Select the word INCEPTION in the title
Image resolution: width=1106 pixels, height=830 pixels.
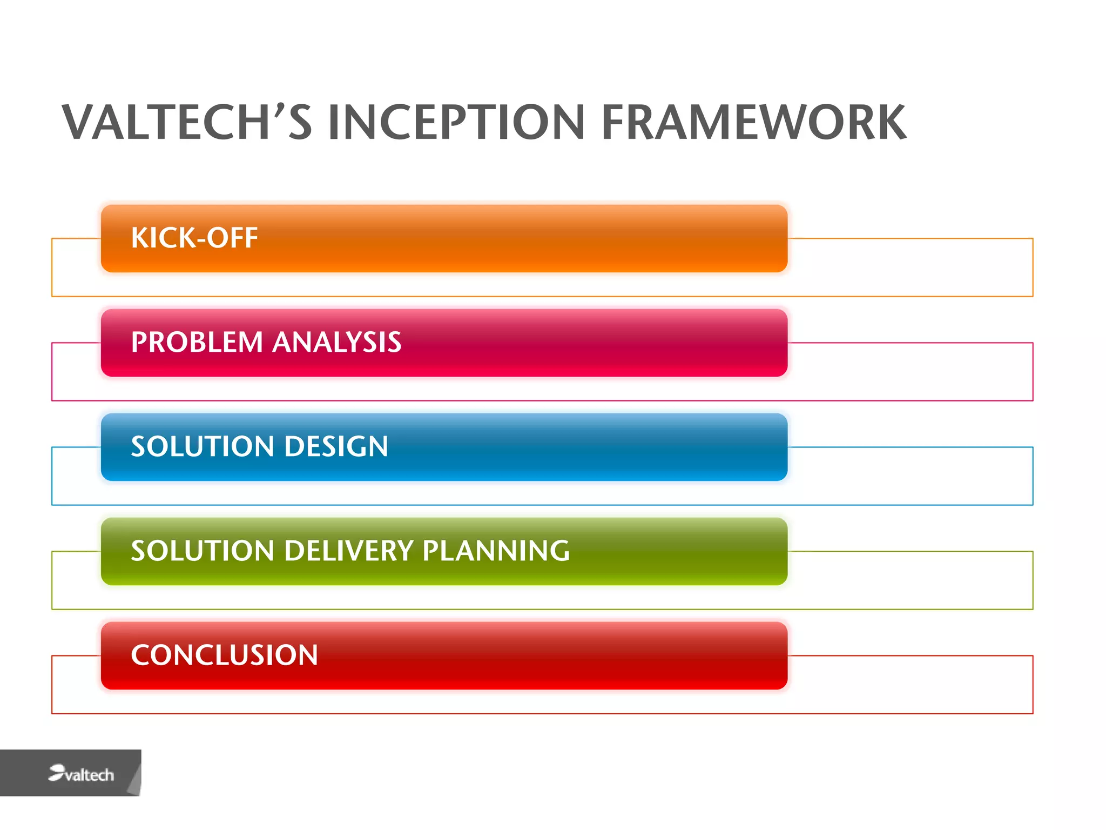pyautogui.click(x=456, y=123)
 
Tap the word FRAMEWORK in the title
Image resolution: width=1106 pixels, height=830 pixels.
pyautogui.click(x=753, y=123)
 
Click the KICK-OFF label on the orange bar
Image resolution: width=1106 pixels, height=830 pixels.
pyautogui.click(x=194, y=238)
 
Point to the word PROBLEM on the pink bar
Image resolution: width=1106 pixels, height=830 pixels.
pyautogui.click(x=197, y=343)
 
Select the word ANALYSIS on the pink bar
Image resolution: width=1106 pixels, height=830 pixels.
pyautogui.click(x=337, y=343)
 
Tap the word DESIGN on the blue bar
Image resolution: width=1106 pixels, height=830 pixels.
pyautogui.click(x=336, y=447)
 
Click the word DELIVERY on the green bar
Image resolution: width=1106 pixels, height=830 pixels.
pyautogui.click(x=349, y=551)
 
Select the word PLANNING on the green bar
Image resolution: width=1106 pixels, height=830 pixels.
pyautogui.click(x=496, y=551)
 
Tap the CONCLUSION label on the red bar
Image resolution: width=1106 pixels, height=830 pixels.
pyautogui.click(x=224, y=655)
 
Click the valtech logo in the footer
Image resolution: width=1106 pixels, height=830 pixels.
pyautogui.click(x=81, y=774)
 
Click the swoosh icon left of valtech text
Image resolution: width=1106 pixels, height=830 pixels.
pyautogui.click(x=56, y=772)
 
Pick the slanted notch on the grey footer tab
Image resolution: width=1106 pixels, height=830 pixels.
pyautogui.click(x=136, y=778)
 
